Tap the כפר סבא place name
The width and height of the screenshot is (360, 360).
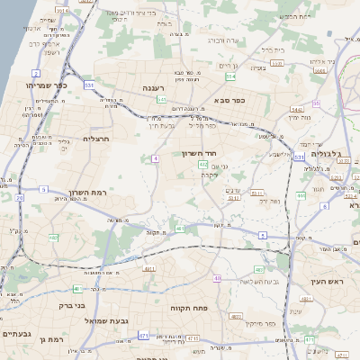(229, 101)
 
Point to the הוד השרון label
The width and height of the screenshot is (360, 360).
(197, 153)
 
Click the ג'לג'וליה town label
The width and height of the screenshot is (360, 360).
(319, 153)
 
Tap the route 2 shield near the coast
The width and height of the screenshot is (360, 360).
(36, 72)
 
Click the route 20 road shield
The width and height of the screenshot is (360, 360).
(19, 196)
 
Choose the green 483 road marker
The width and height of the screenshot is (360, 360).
(259, 269)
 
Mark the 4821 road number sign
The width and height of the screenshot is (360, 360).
(236, 316)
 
